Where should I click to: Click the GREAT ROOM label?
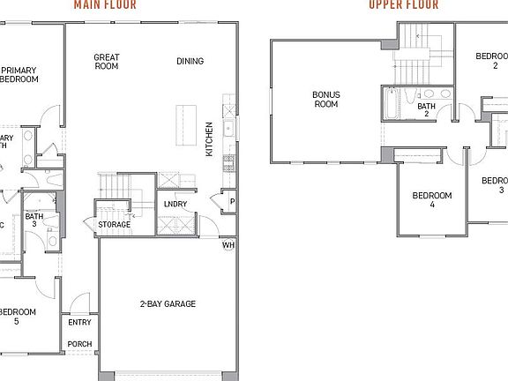click(107, 62)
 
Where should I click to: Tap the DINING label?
click(190, 62)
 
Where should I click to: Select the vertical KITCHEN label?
click(209, 138)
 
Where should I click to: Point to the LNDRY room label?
click(175, 205)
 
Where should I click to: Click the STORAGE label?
click(115, 225)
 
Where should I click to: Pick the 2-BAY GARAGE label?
click(168, 304)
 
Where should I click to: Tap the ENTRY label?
click(79, 323)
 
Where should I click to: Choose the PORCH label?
click(79, 344)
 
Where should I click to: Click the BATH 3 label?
click(34, 220)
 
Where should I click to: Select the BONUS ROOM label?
click(326, 98)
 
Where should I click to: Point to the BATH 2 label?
click(427, 109)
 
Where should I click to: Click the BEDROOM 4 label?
click(432, 199)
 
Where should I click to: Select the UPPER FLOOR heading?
click(404, 4)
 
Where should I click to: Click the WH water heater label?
click(228, 245)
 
